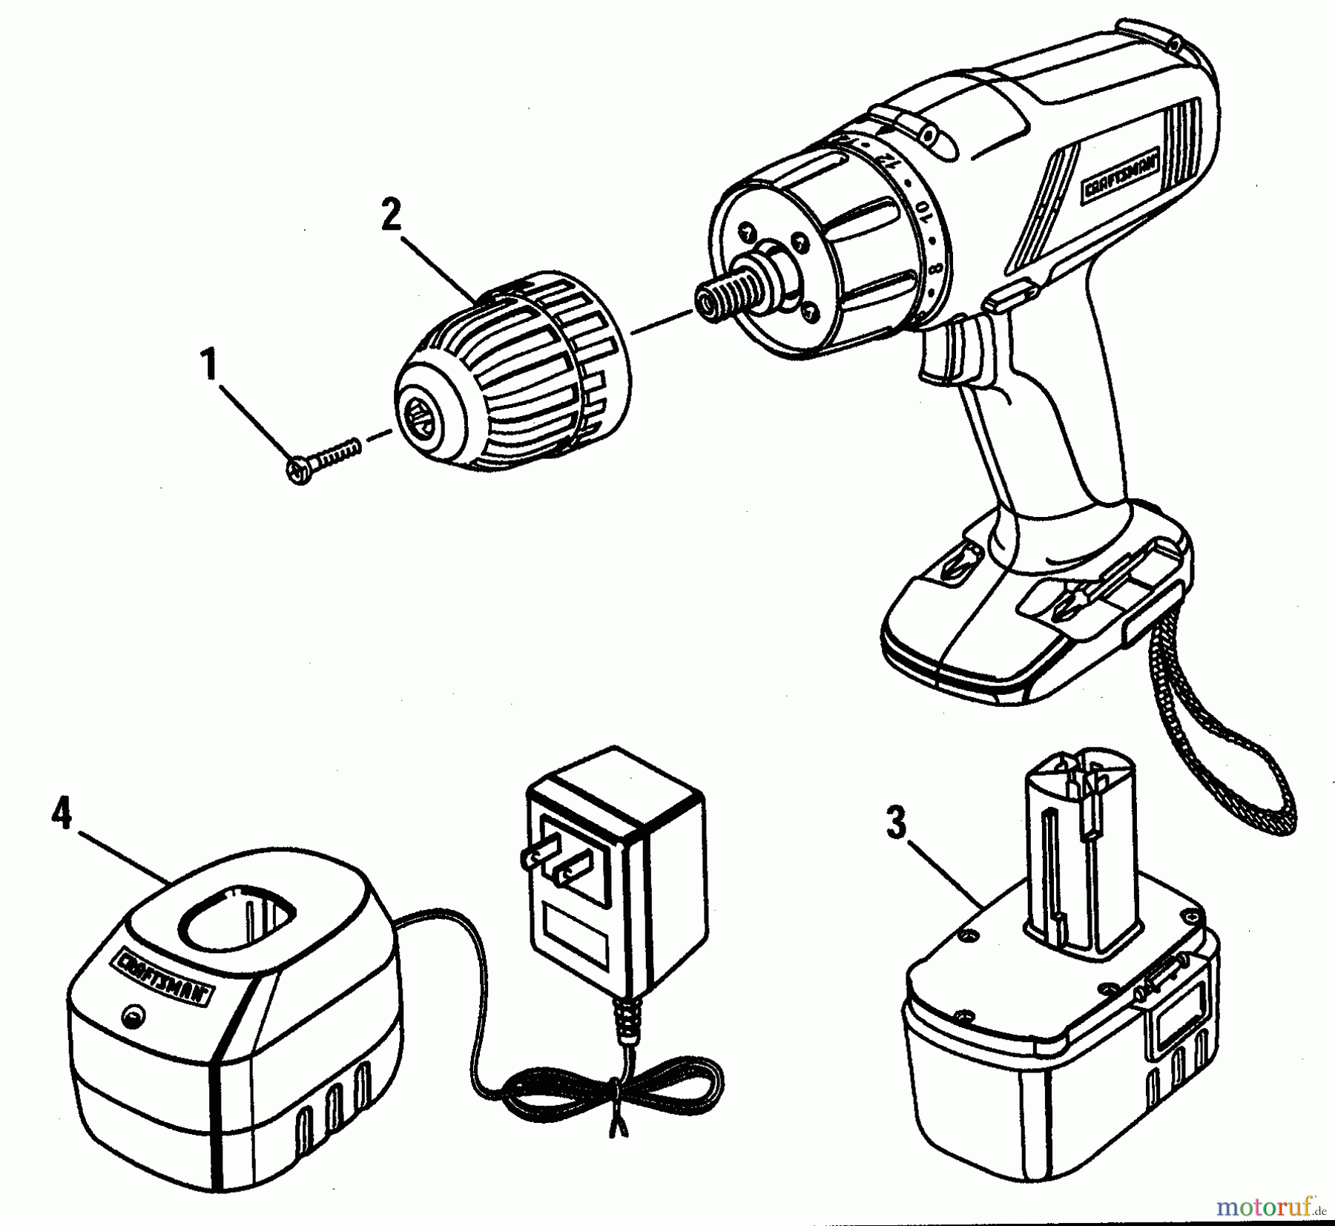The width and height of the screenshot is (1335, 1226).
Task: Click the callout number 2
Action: point(391,216)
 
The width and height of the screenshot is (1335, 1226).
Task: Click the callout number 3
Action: point(897,824)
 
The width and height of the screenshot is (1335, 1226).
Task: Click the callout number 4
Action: point(62,815)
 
